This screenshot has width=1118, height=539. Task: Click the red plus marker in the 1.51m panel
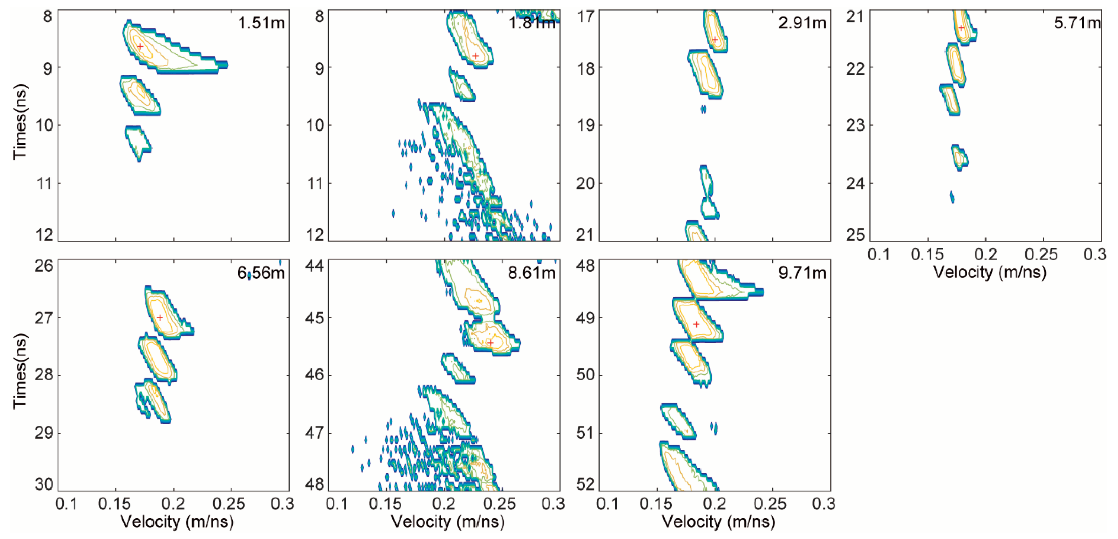(x=140, y=46)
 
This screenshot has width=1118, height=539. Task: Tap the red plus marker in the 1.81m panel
(x=476, y=56)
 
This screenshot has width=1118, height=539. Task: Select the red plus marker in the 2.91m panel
(x=715, y=39)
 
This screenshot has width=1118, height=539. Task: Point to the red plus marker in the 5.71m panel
(x=961, y=28)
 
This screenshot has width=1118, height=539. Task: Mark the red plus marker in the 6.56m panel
(x=160, y=317)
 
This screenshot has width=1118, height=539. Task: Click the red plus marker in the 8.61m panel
(x=490, y=342)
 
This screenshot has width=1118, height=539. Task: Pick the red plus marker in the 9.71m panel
(x=696, y=324)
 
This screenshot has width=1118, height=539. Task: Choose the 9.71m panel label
(x=802, y=273)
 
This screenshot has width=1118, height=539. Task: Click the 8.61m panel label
(x=531, y=273)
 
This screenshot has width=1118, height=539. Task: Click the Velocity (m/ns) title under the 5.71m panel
(x=990, y=272)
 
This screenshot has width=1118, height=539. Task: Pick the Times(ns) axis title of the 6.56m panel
(x=20, y=371)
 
